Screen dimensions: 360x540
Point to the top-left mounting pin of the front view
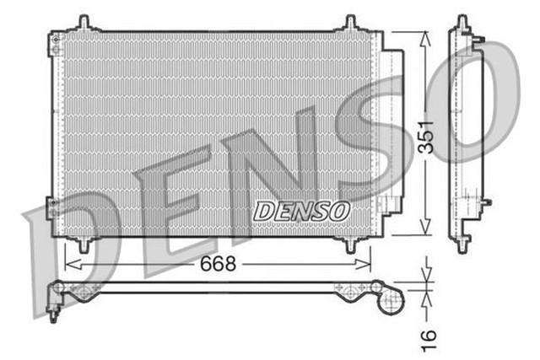pos(84,22)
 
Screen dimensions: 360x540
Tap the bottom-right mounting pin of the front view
pos(350,244)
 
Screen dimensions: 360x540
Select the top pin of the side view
pos(462,21)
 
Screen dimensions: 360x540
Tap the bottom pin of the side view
pos(462,246)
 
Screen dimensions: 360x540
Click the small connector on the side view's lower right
pos(484,202)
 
